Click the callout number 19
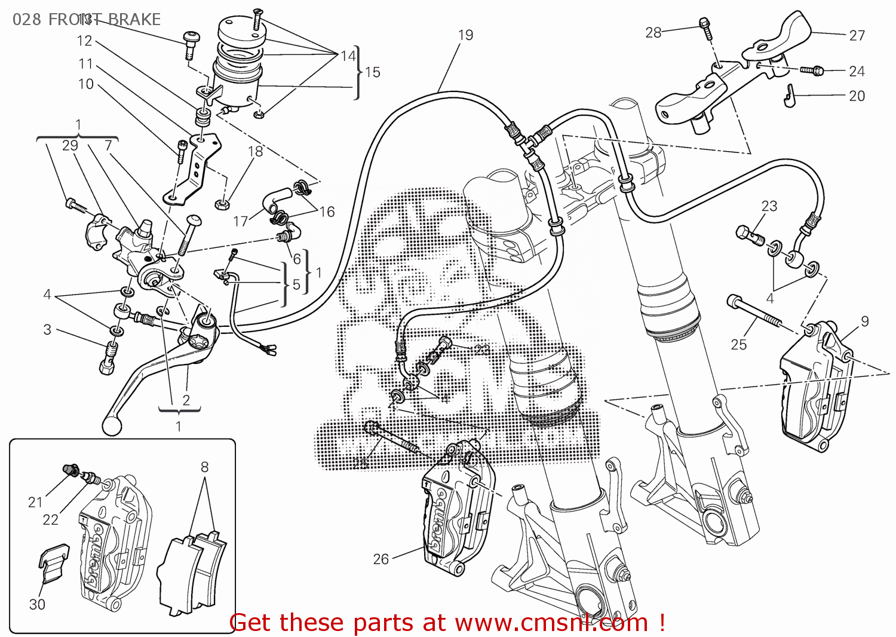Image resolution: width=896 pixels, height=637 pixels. click(x=466, y=35)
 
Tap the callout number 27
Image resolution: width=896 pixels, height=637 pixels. click(x=857, y=36)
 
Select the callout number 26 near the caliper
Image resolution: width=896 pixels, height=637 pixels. click(x=381, y=559)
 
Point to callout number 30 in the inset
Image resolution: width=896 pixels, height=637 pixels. click(x=37, y=605)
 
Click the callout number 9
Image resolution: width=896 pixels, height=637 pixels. click(x=865, y=321)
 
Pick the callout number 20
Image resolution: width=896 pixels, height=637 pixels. click(x=857, y=96)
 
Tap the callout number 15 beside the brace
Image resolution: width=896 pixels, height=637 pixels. click(x=373, y=72)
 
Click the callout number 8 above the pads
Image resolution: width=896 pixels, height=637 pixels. click(x=204, y=467)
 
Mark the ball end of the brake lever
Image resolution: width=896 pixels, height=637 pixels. click(x=112, y=425)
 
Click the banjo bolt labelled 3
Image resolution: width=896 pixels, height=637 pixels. click(x=108, y=357)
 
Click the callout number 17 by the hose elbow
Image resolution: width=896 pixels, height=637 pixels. click(x=240, y=222)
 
